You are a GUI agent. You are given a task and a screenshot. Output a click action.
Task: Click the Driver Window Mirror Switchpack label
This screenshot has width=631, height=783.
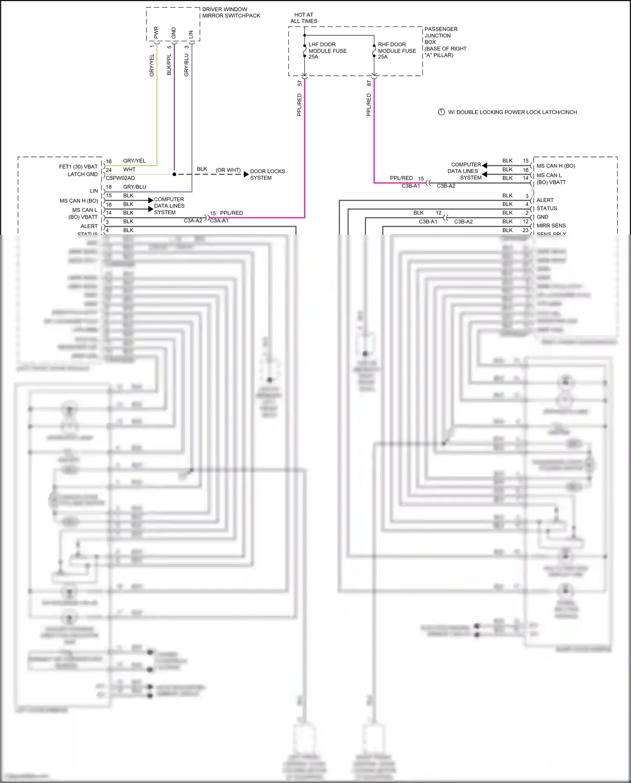point(231,12)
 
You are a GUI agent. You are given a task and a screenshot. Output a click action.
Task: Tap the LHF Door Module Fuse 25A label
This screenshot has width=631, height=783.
point(327,50)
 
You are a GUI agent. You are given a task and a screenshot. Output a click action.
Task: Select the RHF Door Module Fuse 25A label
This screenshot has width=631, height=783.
point(397,50)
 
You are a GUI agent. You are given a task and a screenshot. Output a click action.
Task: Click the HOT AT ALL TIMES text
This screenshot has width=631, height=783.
point(304,18)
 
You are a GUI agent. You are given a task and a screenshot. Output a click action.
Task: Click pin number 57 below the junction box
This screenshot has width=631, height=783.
point(300,83)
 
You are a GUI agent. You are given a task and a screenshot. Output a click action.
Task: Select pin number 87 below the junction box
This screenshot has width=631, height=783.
point(369,83)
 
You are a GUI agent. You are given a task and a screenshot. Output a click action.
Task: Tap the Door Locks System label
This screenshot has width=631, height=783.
point(267,175)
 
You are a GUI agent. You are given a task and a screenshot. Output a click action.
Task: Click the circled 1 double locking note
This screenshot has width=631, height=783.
point(441,112)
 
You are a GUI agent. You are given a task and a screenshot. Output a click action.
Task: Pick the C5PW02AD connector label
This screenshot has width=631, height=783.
point(120,178)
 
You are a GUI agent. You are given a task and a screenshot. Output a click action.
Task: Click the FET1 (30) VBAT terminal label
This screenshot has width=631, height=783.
point(78,167)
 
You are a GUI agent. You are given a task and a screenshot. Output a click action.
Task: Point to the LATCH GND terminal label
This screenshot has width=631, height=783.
point(82,174)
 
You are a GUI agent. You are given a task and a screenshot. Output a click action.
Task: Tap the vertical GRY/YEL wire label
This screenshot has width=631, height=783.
point(152,65)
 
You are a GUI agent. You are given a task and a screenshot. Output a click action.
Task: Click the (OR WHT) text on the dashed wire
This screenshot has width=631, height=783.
point(228,170)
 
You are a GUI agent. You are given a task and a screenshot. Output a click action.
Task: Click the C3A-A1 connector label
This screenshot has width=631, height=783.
point(219,220)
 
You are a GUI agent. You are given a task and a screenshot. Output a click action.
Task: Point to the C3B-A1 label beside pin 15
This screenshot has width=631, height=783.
point(411,186)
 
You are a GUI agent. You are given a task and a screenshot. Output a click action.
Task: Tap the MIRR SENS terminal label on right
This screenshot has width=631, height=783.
point(551,226)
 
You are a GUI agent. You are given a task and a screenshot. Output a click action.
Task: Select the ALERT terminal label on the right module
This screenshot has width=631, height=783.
point(545,200)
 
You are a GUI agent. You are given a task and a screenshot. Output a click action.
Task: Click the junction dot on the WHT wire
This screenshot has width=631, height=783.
point(174,174)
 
